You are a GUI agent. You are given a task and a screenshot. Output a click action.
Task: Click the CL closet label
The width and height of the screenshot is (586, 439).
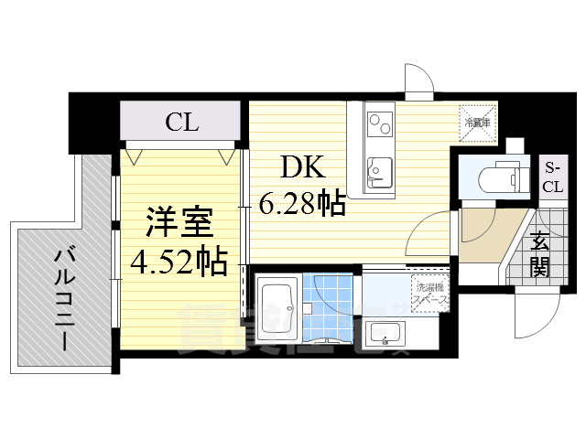182,123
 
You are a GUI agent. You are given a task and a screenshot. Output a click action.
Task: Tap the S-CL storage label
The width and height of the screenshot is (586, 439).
552,177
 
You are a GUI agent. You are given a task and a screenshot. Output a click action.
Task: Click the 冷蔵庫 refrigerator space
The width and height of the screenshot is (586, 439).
478,123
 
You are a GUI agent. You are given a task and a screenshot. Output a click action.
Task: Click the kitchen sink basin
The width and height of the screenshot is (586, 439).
379,171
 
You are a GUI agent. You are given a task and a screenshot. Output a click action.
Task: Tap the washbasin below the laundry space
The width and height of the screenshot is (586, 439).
385,333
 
